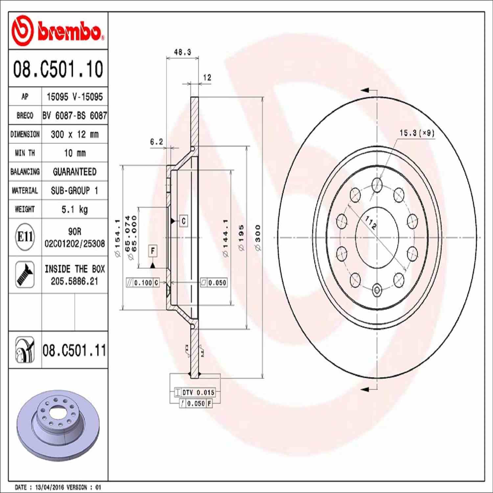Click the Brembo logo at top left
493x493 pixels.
click(x=58, y=31)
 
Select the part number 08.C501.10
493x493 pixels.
click(x=58, y=69)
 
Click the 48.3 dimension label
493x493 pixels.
click(x=182, y=52)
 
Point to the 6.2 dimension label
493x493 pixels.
click(x=156, y=142)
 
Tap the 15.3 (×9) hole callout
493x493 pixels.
click(x=417, y=133)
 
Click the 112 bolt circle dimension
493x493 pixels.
click(x=371, y=223)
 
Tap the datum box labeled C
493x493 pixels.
click(x=183, y=221)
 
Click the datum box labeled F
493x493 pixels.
click(x=153, y=251)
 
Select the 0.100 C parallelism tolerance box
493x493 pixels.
click(x=143, y=283)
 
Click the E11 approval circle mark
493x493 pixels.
click(x=25, y=237)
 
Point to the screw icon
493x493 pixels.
click(x=25, y=274)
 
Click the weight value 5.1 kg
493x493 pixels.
click(x=75, y=209)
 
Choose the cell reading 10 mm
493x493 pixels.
click(x=75, y=153)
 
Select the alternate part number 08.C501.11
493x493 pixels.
click(x=74, y=350)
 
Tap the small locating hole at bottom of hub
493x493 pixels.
click(x=377, y=290)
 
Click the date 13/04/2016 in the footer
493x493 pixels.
click(x=49, y=487)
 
